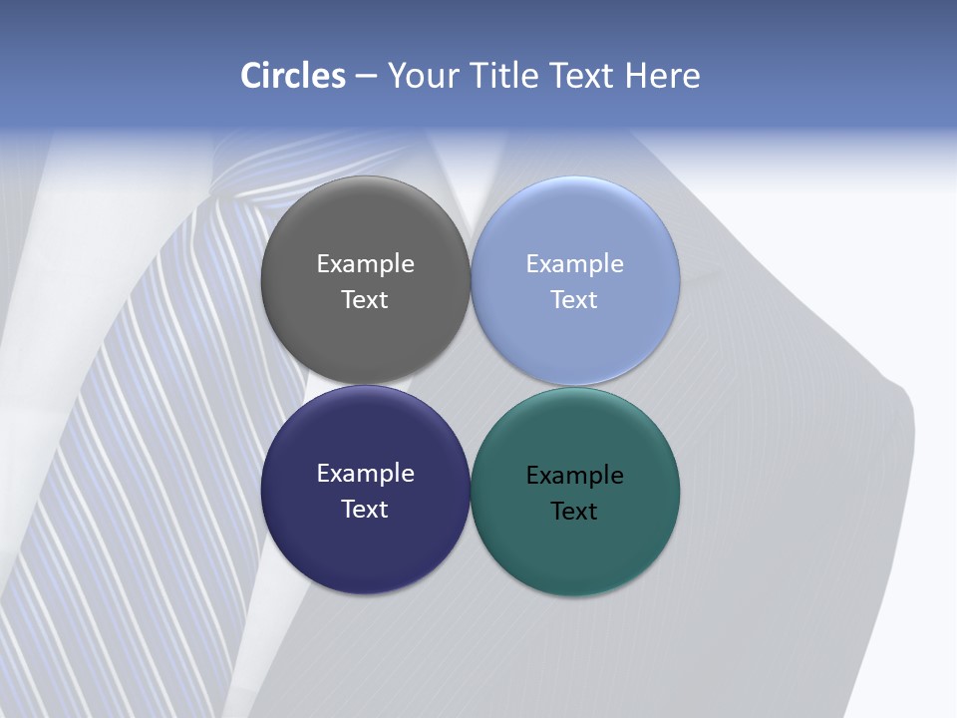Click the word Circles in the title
pos(293,76)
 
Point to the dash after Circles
pos(366,77)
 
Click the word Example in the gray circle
pos(365,264)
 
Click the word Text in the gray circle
pos(365,300)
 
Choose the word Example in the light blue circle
pos(575,264)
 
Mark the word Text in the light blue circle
pos(575,300)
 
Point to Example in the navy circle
pos(365,474)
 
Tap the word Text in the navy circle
pos(365,510)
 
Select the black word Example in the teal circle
pos(575,476)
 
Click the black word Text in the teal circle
pos(575,512)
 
